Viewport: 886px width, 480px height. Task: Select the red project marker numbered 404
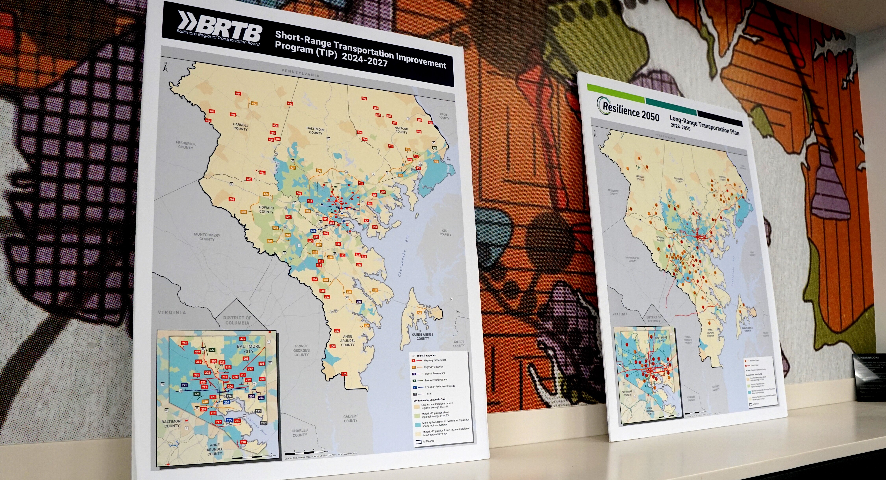coord(238,94)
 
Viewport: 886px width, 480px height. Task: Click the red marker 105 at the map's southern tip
coord(344,374)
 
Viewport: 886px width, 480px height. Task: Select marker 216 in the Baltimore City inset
coord(185,343)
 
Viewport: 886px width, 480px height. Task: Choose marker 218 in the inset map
coord(244,442)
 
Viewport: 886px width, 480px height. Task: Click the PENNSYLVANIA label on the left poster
coord(300,73)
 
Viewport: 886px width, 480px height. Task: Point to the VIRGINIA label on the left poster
coord(172,312)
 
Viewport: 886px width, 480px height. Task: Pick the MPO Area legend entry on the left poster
coord(429,441)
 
